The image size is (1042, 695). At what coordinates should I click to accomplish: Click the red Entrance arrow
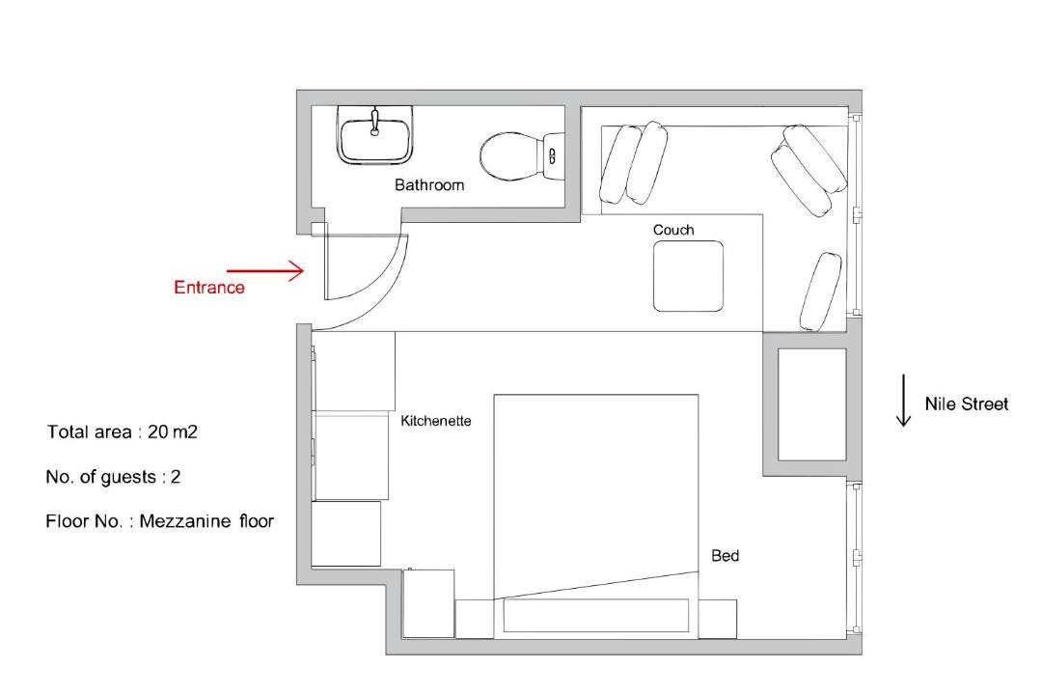click(x=265, y=270)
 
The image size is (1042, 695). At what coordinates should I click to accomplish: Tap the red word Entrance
click(x=209, y=288)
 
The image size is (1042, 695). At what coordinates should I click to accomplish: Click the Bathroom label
click(x=429, y=185)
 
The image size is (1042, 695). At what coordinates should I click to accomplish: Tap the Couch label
click(x=673, y=230)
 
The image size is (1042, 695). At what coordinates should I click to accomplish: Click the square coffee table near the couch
click(x=688, y=276)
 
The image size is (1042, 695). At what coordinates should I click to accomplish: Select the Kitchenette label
click(x=436, y=421)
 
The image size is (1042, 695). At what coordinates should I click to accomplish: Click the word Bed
click(x=725, y=556)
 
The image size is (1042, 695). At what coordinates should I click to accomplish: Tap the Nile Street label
click(x=966, y=403)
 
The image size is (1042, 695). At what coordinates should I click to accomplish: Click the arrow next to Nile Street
click(x=903, y=400)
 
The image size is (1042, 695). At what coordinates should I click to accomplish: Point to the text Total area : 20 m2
click(x=123, y=432)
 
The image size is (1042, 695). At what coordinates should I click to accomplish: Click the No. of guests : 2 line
click(x=113, y=477)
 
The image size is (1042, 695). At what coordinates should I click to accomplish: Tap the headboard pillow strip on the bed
click(x=595, y=616)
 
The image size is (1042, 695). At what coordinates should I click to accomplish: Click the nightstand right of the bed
click(x=717, y=619)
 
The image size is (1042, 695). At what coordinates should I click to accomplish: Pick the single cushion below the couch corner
click(x=821, y=292)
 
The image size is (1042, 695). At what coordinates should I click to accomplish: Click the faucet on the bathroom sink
click(x=374, y=122)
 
